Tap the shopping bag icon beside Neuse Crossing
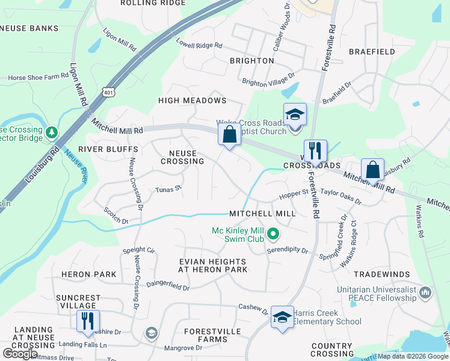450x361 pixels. pyautogui.click(x=229, y=135)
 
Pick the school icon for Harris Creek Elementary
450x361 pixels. pyautogui.click(x=282, y=317)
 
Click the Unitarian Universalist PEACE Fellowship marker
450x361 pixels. pyautogui.click(x=425, y=292)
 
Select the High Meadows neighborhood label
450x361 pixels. pyautogui.click(x=192, y=100)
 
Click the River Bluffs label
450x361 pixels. pyautogui.click(x=99, y=149)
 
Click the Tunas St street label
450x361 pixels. pyautogui.click(x=169, y=189)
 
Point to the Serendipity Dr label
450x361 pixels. pyautogui.click(x=288, y=250)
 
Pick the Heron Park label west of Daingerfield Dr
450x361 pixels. pyautogui.click(x=88, y=274)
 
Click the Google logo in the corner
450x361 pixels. pyautogui.click(x=20, y=353)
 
